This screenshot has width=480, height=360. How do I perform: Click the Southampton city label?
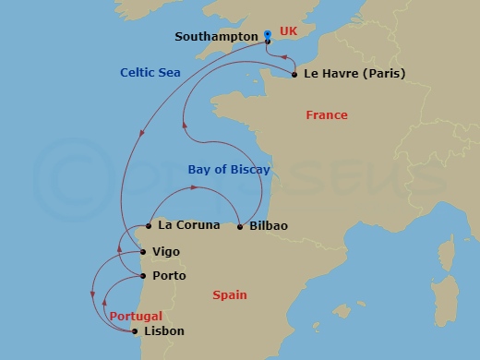click(216, 37)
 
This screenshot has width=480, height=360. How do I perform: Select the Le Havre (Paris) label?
click(341, 74)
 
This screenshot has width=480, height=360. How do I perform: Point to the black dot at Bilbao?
click(240, 226)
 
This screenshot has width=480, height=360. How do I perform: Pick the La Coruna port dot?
click(148, 224)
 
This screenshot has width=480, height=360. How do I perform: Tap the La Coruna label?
click(189, 224)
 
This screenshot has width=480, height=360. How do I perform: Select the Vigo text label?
click(165, 251)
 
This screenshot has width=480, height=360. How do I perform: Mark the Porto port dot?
click(141, 275)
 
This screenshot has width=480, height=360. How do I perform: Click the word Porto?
click(169, 275)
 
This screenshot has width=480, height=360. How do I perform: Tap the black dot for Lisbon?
click(136, 330)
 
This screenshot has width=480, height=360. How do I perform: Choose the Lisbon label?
click(165, 330)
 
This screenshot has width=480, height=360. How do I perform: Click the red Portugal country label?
click(136, 317)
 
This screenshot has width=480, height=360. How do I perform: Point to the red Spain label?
click(229, 295)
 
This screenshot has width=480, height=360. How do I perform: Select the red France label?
click(327, 115)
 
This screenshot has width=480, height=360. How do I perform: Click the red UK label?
click(289, 30)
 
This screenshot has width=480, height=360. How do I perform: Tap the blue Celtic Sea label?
click(150, 73)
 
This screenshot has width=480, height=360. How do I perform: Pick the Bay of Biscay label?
click(229, 170)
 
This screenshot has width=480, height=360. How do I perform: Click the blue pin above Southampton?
click(267, 34)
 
